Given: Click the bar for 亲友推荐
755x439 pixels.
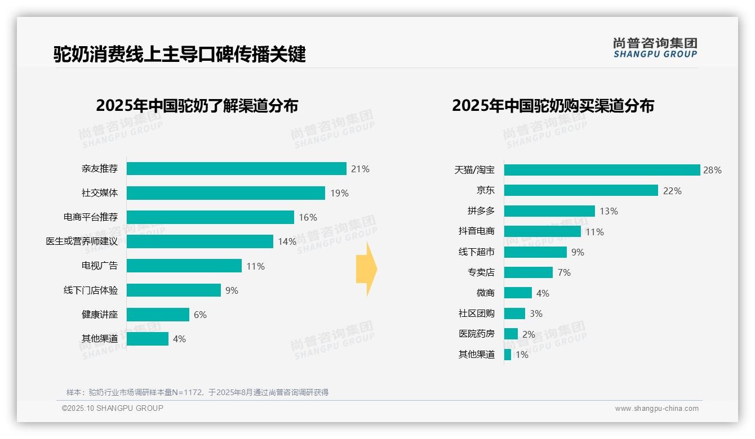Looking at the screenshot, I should point(236,169).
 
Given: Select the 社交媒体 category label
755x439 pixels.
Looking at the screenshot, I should point(100,193).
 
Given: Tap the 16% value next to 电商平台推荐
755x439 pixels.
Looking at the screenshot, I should point(308,217).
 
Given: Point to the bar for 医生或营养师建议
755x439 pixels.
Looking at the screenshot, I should point(199,241).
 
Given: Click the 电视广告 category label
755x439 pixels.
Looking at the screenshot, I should point(100,266).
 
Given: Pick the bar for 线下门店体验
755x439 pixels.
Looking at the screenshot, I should point(174,290).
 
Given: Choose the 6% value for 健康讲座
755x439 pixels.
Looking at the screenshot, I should point(200,315).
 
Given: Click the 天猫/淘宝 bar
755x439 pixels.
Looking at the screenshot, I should point(602,170).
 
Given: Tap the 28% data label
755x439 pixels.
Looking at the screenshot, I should point(712,170).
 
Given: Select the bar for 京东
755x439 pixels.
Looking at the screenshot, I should point(581,190).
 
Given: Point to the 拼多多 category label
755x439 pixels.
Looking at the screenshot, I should point(481,211).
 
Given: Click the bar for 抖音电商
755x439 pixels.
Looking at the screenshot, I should point(542,231).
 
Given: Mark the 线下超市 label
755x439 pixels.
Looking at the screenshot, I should point(476,252).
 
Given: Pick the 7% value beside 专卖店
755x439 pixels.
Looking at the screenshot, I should point(564,272).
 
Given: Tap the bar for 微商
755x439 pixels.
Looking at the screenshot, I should point(518,293).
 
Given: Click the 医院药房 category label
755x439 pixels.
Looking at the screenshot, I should point(476,334).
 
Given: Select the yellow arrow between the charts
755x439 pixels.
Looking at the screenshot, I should point(366,269).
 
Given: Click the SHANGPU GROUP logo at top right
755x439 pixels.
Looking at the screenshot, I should point(655,48).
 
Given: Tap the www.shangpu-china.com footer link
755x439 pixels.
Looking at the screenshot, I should point(656,409).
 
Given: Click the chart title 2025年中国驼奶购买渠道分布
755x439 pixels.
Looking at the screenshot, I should point(553,106).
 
